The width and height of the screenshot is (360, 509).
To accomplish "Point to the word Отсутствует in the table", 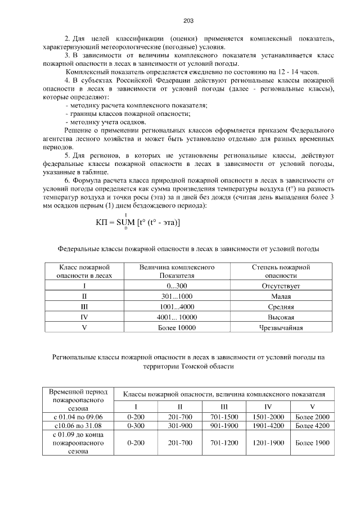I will [x=281, y=286].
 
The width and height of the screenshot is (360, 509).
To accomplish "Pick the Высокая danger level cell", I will [x=281, y=317].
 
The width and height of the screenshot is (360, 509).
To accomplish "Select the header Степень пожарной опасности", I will [x=281, y=272].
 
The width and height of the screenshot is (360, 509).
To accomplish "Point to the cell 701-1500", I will [x=224, y=416].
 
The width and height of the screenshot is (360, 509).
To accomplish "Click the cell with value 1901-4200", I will [x=268, y=426].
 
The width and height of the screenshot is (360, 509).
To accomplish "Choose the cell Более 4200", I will [x=312, y=426].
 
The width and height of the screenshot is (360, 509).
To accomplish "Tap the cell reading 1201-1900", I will [x=268, y=443].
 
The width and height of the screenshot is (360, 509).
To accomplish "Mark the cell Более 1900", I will [x=312, y=443].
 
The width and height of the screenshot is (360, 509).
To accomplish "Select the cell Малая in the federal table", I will [x=281, y=296].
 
